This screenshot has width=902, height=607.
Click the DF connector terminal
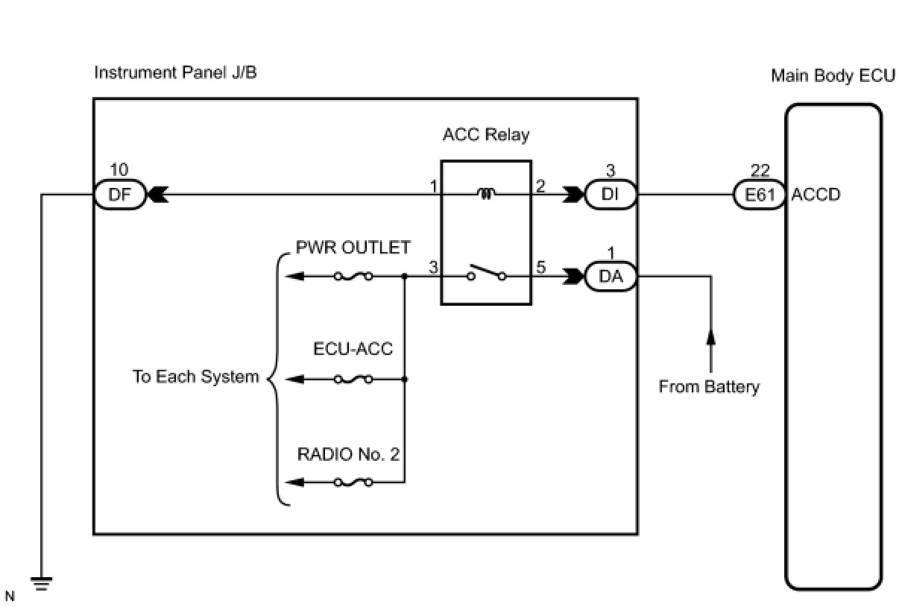[x=119, y=195]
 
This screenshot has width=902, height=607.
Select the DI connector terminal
[x=611, y=195]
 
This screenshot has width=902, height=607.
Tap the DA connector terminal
[x=611, y=277]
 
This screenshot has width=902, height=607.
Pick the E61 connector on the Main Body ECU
[x=760, y=195]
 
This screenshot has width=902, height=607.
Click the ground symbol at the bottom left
[x=41, y=584]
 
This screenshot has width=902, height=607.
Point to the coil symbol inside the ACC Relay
[x=486, y=194]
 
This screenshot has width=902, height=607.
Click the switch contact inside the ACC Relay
[x=487, y=272]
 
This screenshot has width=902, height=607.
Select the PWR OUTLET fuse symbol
[x=353, y=277]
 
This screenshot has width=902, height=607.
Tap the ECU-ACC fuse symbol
[x=353, y=380]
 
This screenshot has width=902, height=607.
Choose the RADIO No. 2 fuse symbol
[x=353, y=482]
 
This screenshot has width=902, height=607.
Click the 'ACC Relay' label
[x=486, y=135]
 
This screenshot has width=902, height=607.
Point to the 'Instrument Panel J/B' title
[x=175, y=73]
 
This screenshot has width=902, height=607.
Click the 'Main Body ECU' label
[x=833, y=76]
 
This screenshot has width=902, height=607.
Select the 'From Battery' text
[x=709, y=387]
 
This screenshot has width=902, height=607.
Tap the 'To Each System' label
[x=196, y=377]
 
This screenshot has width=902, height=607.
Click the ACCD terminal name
[x=816, y=195]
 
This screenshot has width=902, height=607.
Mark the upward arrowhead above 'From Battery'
[x=710, y=336]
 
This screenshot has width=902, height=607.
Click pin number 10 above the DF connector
[x=119, y=170]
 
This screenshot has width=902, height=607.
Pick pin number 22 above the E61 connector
[x=760, y=171]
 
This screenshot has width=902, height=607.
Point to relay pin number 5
[x=540, y=267]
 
